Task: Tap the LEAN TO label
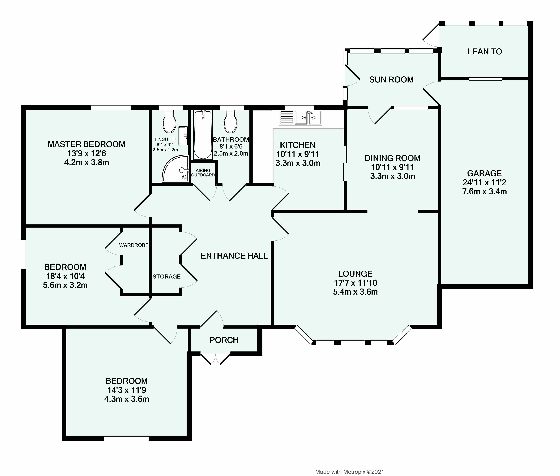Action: [x=485, y=52]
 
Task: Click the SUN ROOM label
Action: [x=391, y=80]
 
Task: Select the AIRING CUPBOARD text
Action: [x=203, y=173]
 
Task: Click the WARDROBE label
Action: [x=134, y=245]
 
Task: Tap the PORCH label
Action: [x=224, y=340]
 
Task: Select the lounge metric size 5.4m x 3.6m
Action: [x=355, y=292]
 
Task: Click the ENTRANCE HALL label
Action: [x=234, y=256]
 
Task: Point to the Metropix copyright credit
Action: [x=350, y=472]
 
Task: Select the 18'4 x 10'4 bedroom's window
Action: [x=24, y=255]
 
